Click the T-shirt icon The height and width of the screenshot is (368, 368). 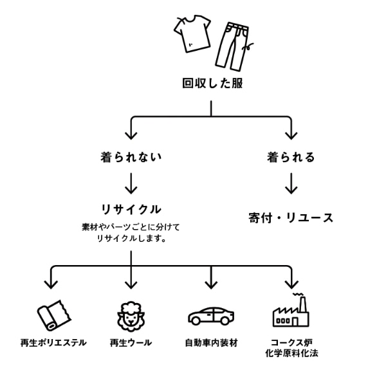coord(192,33)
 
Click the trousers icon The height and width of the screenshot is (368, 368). coord(234,46)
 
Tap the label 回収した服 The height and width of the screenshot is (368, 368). coord(212,84)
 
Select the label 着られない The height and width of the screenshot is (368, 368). coord(131,157)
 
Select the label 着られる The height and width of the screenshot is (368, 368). coord(291,157)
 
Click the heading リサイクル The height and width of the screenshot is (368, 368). coord(131,209)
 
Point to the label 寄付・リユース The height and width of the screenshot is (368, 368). coord(291,217)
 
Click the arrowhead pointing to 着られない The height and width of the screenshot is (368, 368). coord(131,136)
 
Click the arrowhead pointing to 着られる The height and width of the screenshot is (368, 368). coord(291,136)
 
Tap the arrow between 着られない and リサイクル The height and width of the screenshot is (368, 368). coord(131,183)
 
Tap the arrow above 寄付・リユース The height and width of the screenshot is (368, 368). coord(291,183)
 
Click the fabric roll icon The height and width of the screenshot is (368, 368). coord(54,315)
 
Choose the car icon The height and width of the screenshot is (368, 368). coord(211,316)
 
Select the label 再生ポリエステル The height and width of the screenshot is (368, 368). coord(53,343)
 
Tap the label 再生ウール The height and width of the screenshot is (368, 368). coord(131,343)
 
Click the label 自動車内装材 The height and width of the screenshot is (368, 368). coord(211,343)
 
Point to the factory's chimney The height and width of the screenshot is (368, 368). coord(303,305)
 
